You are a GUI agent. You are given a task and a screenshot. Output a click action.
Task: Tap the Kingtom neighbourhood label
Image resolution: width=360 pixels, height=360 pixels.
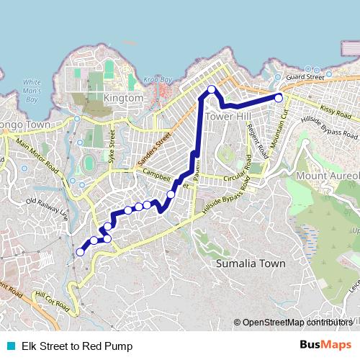[124, 97]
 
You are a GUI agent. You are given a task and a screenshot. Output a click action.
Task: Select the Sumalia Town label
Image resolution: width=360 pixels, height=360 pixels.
[251, 264]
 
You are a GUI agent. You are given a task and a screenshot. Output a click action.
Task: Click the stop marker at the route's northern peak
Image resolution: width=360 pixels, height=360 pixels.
[212, 89]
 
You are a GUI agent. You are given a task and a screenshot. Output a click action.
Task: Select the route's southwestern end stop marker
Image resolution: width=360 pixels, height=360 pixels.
[80, 252]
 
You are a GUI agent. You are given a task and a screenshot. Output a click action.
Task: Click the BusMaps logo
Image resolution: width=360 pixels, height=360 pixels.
[325, 346]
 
